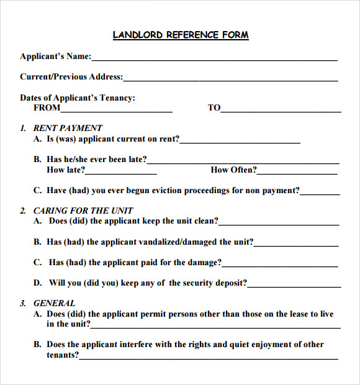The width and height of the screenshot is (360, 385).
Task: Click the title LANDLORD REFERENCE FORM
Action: tap(181, 35)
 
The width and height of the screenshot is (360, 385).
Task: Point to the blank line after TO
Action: tap(281, 111)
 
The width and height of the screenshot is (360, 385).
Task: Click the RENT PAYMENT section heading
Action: tap(68, 128)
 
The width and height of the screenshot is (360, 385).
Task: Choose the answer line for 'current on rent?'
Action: tap(240, 142)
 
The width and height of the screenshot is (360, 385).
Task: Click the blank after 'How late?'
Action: tap(121, 173)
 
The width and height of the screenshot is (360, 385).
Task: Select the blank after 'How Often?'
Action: tap(298, 173)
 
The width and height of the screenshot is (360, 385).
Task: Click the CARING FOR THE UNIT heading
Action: tap(83, 211)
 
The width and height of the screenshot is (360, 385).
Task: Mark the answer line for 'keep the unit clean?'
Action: tap(279, 224)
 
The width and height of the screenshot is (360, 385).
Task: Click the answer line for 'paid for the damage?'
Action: tap(280, 266)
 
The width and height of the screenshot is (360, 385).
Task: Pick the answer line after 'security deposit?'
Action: tap(294, 286)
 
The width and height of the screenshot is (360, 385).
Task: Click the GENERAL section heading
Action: tap(54, 303)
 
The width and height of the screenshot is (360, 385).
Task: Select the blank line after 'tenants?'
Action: tap(209, 358)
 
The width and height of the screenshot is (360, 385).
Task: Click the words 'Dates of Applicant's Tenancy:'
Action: tap(78, 97)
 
